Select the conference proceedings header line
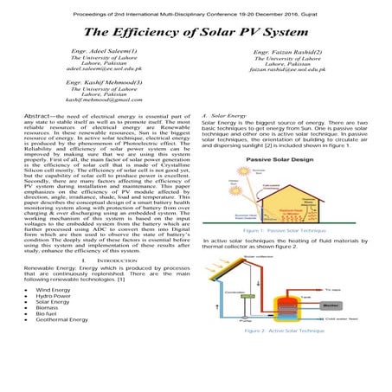196,8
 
